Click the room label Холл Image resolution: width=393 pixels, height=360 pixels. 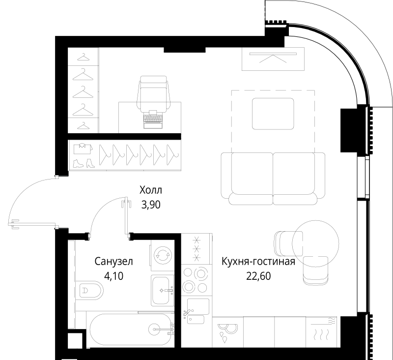pos(151,190)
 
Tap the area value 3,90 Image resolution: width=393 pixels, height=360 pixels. pos(151,205)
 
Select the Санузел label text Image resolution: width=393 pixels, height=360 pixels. pos(113,262)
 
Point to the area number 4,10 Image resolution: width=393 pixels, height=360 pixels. pos(114,276)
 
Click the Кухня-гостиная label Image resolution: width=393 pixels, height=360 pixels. pos(258,262)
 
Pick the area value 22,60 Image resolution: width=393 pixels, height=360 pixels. pos(258,276)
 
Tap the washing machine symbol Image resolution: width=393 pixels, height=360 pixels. pos(163,255)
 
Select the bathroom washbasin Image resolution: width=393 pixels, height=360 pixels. pos(163,291)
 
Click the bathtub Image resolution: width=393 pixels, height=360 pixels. pos(131,329)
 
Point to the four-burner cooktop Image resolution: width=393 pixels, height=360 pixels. pos(195,280)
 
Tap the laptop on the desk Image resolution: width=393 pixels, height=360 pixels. pos(153,119)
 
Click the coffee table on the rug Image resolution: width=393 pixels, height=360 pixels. pos(273,114)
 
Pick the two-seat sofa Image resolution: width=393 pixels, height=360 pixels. pos(273,179)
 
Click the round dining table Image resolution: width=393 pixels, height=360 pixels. pos(315,243)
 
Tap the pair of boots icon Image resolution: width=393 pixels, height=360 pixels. pos(84,163)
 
